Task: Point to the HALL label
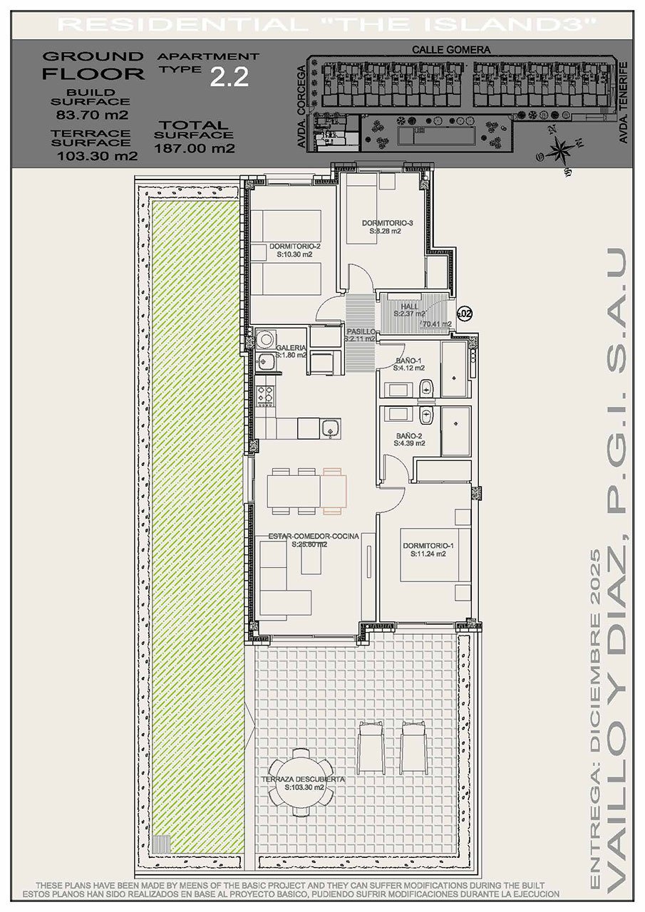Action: (x=410, y=306)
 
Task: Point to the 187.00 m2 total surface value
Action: (x=195, y=148)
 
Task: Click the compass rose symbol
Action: (x=561, y=150)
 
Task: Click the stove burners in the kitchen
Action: (x=266, y=393)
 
